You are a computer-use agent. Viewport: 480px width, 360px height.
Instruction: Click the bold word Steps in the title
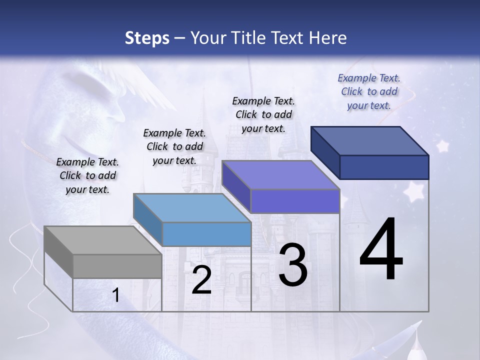pos(147,38)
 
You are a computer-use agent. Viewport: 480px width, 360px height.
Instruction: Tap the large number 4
pos(381,250)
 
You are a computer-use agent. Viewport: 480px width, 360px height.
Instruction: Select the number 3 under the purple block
pos(293,265)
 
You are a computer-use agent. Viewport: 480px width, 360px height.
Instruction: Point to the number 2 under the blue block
pos(201,280)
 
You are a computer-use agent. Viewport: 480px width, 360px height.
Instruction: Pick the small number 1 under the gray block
pos(116,295)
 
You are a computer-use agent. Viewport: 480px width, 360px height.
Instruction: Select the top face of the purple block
pos(280,175)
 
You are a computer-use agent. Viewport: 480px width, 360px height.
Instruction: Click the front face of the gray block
pos(117,266)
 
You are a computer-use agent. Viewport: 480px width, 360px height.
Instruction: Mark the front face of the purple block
pos(295,201)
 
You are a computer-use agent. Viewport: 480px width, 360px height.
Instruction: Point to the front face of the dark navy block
pos(384,167)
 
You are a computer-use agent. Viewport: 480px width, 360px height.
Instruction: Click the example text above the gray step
pos(87,175)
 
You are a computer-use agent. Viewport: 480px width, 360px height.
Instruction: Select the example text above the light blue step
pos(174,146)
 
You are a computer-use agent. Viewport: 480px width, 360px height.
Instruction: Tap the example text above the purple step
pos(263,114)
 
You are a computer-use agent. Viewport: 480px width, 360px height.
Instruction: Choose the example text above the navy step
pos(369,91)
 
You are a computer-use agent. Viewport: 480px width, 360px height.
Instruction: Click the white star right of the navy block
pos(442,146)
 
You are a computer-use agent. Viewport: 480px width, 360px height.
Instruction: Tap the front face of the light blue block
pos(206,234)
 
